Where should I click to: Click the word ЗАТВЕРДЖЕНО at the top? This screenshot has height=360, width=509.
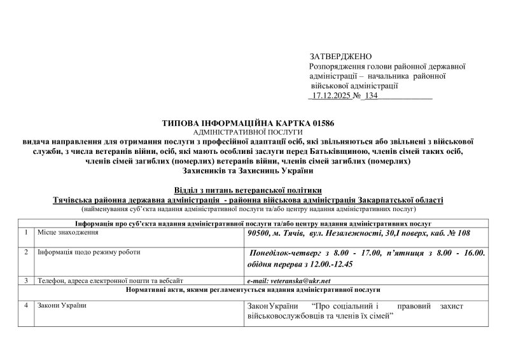[x=340, y=57]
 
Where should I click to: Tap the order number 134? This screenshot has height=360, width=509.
[x=371, y=95]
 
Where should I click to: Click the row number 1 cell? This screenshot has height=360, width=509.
[x=26, y=233]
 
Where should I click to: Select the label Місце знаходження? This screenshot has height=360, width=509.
[x=69, y=233]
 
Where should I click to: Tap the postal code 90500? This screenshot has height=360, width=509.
[x=260, y=234]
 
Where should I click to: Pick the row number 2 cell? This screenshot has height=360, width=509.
[x=26, y=253]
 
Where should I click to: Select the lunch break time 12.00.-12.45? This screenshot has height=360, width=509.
[x=323, y=264]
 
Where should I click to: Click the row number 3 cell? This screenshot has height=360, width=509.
[x=26, y=280]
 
